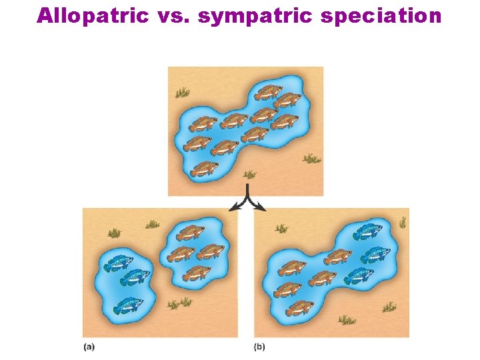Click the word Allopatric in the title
pos(93,16)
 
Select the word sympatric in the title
pos(255,16)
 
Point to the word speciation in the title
pos(381,16)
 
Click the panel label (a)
pos(89,346)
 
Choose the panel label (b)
pos(260,346)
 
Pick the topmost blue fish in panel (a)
pos(118,264)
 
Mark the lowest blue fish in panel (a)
pos(128,305)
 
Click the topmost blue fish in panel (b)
pos(367,231)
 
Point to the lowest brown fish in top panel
pos(204,169)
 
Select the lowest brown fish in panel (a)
pos(197,272)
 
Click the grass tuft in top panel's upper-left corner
pos(182,93)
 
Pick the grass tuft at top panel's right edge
pos(311,159)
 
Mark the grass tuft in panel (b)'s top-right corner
pos(402,221)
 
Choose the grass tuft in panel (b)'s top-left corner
pos(281,228)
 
